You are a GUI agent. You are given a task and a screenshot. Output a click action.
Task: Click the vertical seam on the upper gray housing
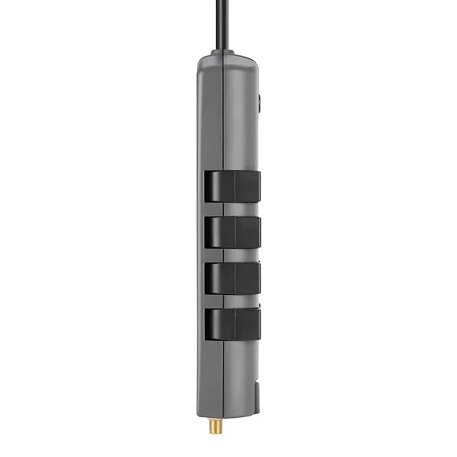224,118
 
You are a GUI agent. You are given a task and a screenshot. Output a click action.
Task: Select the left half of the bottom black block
219,322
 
